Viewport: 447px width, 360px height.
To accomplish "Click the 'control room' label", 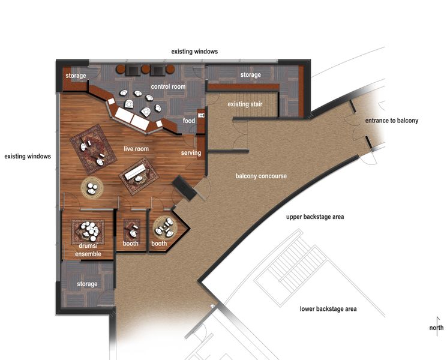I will (168, 87).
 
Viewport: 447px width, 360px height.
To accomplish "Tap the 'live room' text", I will (136, 149).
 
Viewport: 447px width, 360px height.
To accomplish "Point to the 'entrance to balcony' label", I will (392, 121).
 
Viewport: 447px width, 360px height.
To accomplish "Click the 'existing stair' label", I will (245, 104).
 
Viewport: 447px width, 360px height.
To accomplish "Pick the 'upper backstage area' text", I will (314, 217).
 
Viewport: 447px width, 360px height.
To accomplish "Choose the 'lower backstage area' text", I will (328, 309).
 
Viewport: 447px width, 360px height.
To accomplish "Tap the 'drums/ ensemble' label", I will (88, 250).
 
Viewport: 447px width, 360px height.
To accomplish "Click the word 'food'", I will (189, 121).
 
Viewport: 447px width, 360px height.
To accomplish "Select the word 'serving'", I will (191, 153).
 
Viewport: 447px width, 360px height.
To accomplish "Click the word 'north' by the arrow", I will (436, 328).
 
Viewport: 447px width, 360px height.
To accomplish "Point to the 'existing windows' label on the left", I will (28, 157).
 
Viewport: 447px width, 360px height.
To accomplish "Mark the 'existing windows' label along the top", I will (194, 52).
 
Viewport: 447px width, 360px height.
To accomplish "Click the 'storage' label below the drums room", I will (87, 284).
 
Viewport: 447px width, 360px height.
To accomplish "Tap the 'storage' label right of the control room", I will (250, 75).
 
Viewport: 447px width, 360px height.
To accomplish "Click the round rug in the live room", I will (92, 188).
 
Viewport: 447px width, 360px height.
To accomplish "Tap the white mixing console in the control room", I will (132, 118).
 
